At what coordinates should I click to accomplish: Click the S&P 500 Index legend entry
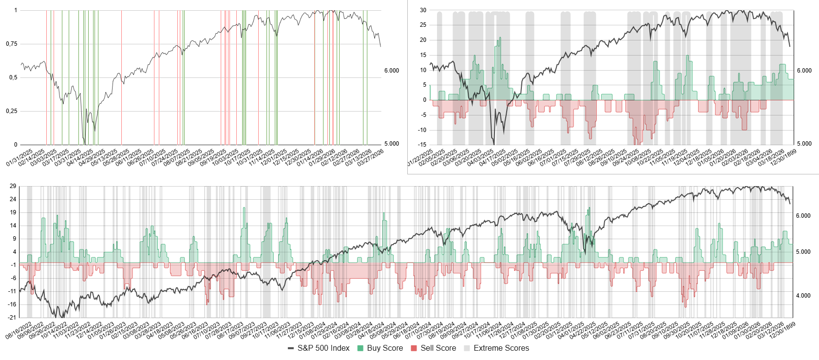(324, 348)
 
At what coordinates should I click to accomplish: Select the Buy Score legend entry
(384, 348)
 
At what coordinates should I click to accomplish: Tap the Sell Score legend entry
(438, 348)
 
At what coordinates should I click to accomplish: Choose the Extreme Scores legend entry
(501, 348)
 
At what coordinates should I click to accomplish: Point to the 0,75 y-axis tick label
(12, 44)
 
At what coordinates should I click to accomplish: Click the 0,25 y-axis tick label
(12, 111)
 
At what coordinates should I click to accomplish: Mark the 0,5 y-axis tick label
(13, 77)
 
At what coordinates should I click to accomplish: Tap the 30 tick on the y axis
(423, 10)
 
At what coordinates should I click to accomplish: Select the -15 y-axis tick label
(422, 145)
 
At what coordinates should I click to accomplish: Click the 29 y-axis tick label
(13, 186)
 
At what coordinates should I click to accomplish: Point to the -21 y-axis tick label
(12, 318)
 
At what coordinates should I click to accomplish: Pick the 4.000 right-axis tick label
(803, 296)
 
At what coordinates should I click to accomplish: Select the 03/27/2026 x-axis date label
(371, 157)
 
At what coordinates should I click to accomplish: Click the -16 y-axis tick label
(12, 304)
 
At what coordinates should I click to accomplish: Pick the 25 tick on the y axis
(423, 25)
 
